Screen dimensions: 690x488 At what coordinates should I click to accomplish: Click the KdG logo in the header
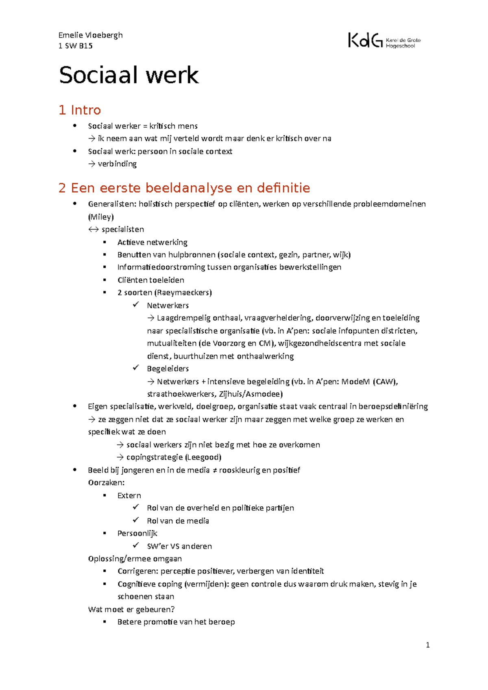384,41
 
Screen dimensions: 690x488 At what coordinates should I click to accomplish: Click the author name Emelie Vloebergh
90,35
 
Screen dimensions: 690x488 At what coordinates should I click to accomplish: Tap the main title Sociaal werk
129,75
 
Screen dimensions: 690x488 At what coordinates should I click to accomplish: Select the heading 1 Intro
80,110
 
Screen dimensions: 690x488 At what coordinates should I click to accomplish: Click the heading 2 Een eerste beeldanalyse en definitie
184,188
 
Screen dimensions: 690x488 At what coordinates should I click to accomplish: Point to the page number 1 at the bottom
427,645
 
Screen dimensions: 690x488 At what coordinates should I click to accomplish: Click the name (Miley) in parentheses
101,217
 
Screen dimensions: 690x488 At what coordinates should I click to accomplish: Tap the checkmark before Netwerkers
136,305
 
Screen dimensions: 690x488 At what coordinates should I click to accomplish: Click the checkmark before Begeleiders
136,368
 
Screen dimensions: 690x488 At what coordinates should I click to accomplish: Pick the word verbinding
117,164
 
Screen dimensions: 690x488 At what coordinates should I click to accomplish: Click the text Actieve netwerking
152,243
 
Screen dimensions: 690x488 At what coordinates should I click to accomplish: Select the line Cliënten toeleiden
150,280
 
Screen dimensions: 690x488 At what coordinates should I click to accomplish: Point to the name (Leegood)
203,457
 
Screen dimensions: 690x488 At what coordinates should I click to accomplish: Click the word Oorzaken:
106,483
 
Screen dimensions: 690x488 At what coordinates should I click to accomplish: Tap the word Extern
129,495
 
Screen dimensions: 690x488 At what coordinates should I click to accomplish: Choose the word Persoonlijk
137,533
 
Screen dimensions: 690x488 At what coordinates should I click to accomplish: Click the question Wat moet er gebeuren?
131,609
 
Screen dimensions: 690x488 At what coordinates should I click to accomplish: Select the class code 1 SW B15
75,46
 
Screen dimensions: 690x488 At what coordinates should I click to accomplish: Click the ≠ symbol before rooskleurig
214,470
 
